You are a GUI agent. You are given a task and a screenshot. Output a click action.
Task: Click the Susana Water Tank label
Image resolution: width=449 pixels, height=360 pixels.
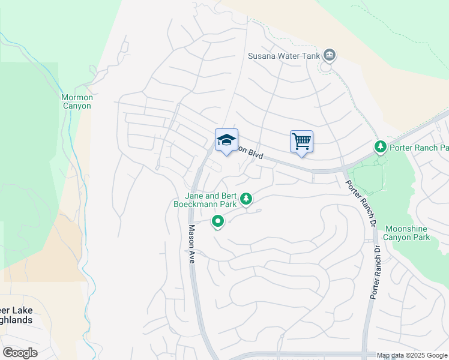tap(285, 57)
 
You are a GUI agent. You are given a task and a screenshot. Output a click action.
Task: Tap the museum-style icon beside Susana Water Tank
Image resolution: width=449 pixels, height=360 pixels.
tap(329, 56)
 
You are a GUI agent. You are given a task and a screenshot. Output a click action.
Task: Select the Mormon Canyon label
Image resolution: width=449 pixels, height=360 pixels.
tap(76, 101)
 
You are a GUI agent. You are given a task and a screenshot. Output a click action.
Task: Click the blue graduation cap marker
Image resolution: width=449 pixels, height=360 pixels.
tap(226, 141)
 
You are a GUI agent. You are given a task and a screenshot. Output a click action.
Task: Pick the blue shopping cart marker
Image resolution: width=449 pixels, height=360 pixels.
tap(301, 142)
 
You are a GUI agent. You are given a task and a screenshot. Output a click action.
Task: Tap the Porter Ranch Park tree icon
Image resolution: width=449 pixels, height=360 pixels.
tap(380, 146)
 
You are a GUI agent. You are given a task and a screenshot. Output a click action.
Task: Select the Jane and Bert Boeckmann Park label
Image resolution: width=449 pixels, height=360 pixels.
tap(210, 200)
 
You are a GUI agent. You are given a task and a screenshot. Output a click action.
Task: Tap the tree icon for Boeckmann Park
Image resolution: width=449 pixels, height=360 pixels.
tap(246, 199)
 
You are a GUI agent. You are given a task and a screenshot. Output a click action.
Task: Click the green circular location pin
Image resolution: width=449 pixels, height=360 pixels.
tap(218, 222)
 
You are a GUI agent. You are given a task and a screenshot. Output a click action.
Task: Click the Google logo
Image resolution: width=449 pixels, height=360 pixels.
tap(20, 353)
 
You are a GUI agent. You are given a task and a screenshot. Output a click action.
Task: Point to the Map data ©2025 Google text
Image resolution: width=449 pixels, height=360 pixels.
tap(412, 355)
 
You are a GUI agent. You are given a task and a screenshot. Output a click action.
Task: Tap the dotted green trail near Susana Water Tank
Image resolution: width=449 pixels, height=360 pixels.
tap(354, 108)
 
